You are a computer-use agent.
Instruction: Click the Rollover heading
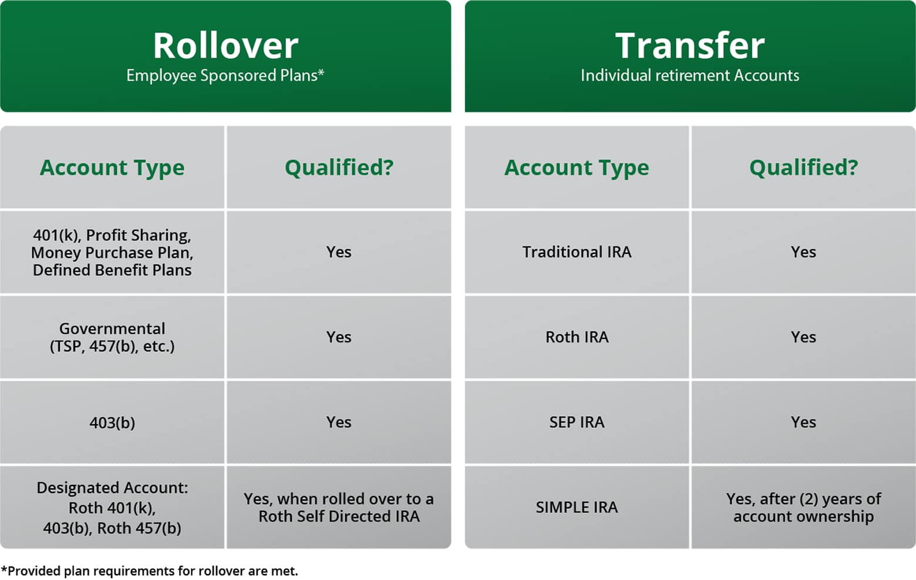[225, 45]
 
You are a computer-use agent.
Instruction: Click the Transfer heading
[689, 45]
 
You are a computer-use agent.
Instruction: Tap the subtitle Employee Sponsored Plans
[225, 75]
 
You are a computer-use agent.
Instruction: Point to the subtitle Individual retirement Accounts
[689, 75]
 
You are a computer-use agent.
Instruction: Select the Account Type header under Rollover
[112, 167]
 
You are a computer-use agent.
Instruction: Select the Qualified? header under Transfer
[803, 167]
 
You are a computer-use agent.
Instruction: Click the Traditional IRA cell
[577, 252]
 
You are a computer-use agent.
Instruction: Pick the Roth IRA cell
[577, 337]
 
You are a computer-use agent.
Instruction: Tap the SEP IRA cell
[577, 423]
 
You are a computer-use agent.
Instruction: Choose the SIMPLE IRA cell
[577, 507]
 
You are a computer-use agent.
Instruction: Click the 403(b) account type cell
[112, 423]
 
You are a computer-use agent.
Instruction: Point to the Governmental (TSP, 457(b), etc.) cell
[112, 337]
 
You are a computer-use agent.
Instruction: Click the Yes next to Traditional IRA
[803, 252]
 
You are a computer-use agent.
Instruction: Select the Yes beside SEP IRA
[803, 423]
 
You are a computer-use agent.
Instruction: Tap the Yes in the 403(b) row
[339, 423]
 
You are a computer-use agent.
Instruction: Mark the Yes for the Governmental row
[339, 337]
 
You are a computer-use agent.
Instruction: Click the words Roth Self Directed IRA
[339, 517]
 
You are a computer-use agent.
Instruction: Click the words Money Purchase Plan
[112, 253]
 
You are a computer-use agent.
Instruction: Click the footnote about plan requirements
[150, 571]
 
